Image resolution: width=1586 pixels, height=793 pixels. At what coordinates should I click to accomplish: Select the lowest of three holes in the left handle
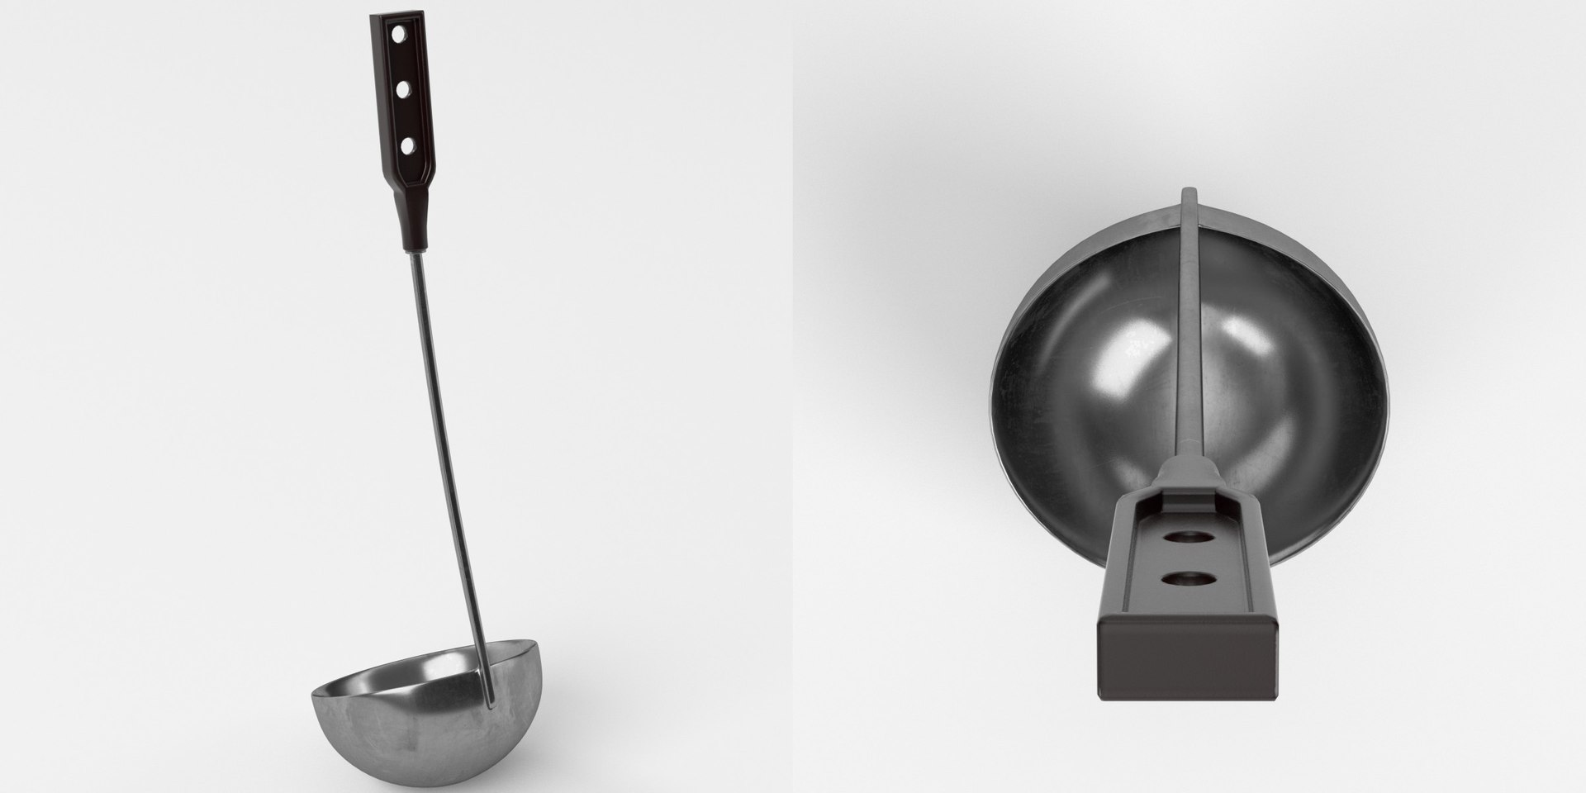(x=406, y=145)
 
